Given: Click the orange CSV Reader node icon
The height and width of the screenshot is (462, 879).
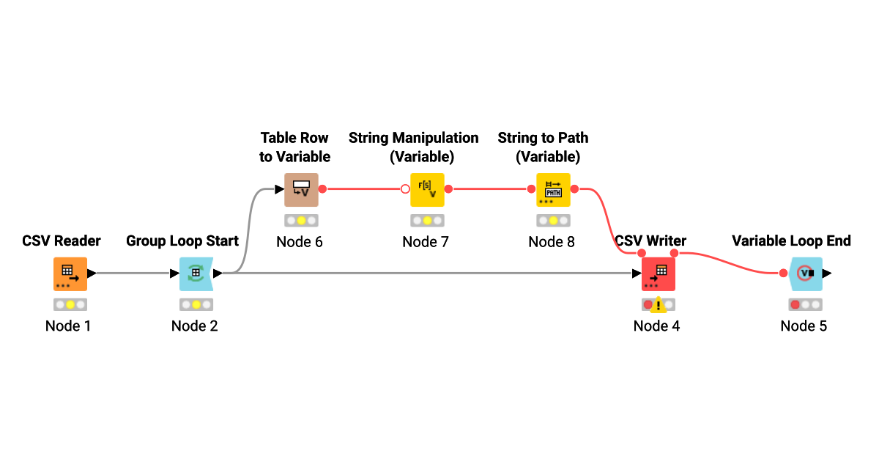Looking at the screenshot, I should tap(70, 274).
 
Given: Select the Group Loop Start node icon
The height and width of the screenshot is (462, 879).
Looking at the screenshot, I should tap(196, 274).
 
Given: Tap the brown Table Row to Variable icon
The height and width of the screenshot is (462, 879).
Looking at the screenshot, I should tap(301, 190).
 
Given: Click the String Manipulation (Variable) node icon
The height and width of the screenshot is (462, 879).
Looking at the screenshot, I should tap(427, 190).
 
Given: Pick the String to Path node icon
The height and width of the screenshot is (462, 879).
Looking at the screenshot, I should tap(553, 190).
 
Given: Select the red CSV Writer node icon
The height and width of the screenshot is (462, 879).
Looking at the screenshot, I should tap(658, 274).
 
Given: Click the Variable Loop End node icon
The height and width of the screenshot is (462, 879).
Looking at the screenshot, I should tap(805, 274).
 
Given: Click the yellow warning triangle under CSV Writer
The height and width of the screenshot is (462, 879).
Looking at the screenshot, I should tap(659, 305).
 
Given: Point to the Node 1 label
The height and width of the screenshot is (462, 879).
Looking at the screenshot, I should tap(68, 326).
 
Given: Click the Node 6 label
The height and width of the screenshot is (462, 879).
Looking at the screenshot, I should tap(299, 242).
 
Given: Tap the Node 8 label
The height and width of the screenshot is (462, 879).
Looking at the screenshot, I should tap(552, 242).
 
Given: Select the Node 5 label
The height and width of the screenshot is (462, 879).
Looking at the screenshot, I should tap(804, 326).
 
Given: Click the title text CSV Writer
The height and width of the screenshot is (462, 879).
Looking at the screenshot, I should tap(650, 241).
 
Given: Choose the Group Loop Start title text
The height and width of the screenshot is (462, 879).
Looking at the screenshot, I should tap(182, 241).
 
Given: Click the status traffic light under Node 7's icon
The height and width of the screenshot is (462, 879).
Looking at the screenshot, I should tap(426, 221).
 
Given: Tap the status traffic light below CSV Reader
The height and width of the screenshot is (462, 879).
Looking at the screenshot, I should tap(70, 304).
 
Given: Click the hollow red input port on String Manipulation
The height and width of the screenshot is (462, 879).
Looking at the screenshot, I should tap(405, 189).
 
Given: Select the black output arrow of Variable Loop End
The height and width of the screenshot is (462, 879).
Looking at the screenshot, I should tap(827, 274).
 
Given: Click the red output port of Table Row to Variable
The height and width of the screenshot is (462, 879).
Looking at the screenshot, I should tap(322, 189).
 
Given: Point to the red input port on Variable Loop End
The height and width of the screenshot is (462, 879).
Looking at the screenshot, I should tap(783, 274).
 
